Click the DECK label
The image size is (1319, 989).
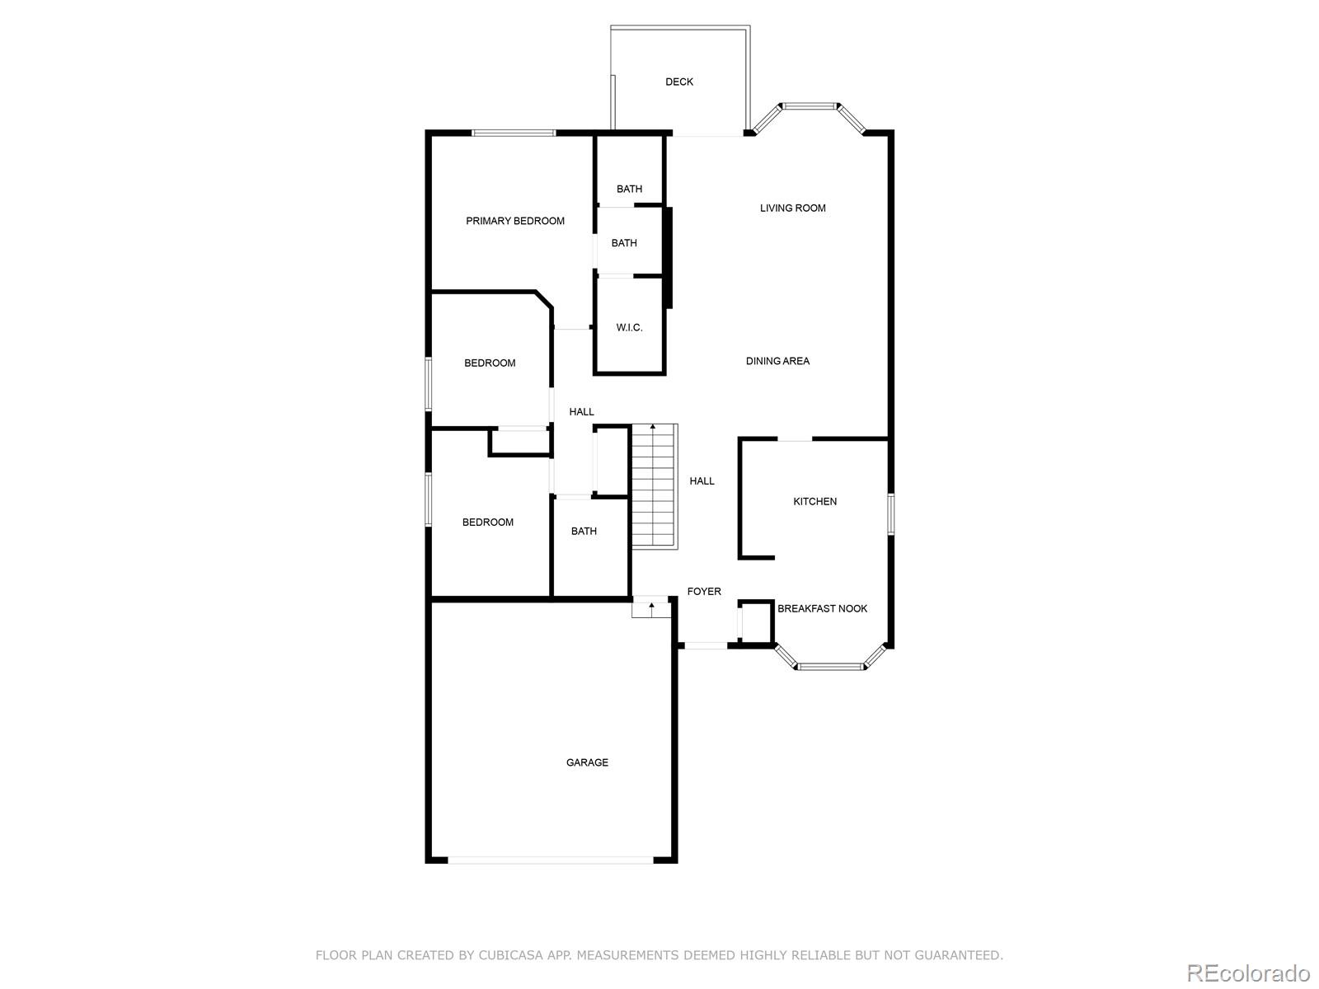[x=679, y=82]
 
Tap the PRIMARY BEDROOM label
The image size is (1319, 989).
[x=515, y=221]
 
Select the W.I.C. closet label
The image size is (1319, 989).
[x=629, y=328]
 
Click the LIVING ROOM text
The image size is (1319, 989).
[x=792, y=209]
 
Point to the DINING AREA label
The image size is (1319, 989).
[x=777, y=361]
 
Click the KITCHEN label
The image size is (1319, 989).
[x=814, y=501]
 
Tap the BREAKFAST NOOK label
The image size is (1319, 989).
[x=822, y=609]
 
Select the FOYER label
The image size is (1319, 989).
[x=704, y=592]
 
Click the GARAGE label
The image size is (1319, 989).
[x=587, y=763]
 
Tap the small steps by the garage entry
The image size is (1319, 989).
[x=650, y=609]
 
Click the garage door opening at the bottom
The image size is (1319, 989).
[x=551, y=860]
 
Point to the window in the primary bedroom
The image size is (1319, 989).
[x=513, y=133]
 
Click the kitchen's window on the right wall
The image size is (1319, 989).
[x=890, y=513]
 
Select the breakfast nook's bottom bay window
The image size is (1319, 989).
[x=830, y=666]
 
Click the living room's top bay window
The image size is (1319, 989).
[x=809, y=105]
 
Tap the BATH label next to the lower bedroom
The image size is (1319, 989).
[x=584, y=532]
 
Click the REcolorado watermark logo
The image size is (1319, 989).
[x=1247, y=973]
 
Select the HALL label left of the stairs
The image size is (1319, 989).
[x=581, y=412]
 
